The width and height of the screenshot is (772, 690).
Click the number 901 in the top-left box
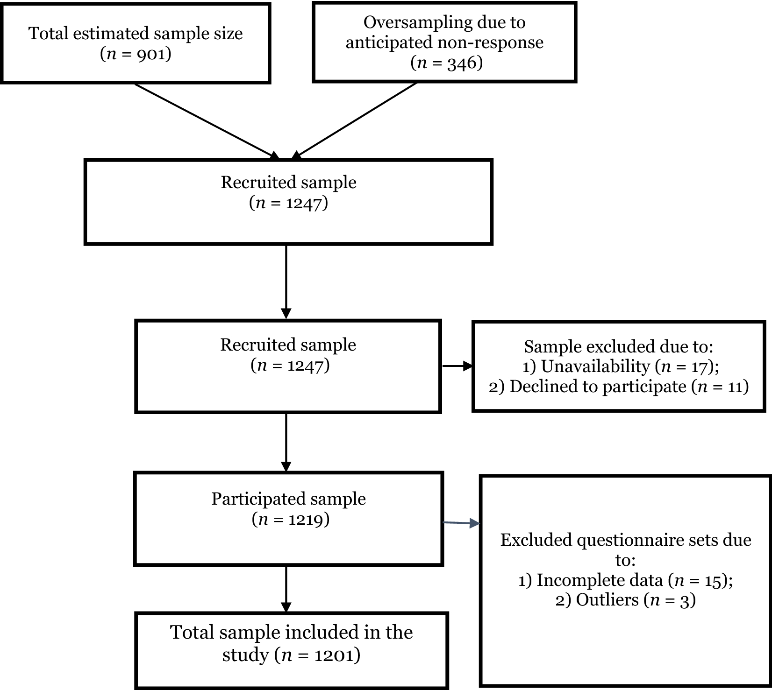(x=151, y=55)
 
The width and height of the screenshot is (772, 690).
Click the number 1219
(x=306, y=520)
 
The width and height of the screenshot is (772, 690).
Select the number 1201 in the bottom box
(x=334, y=655)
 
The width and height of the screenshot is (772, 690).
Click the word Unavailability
(x=595, y=366)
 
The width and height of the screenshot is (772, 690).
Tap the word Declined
(x=539, y=387)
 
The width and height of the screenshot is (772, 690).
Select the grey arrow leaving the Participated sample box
(x=461, y=523)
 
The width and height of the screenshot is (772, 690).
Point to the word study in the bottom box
(x=245, y=655)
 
